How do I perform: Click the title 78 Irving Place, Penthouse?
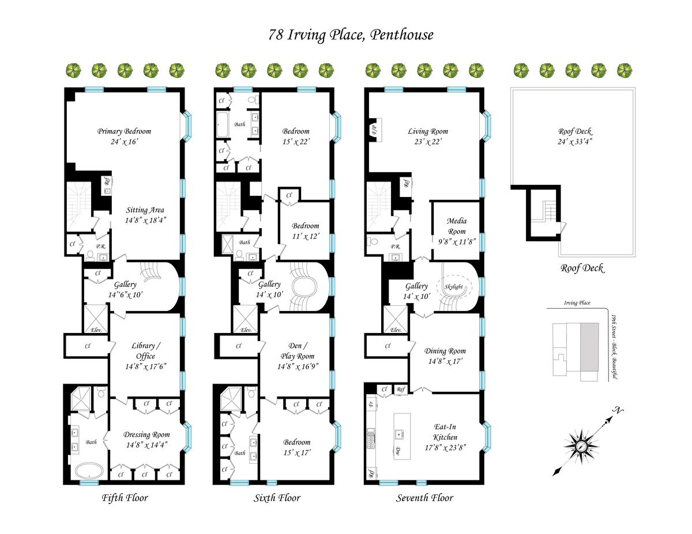tap(351, 35)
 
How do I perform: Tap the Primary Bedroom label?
tap(124, 131)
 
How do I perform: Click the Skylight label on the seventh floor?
tap(453, 286)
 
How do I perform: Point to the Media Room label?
tap(457, 226)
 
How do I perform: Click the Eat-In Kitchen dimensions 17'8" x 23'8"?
tap(446, 448)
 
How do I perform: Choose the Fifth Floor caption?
tap(125, 498)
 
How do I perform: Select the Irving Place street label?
tap(577, 303)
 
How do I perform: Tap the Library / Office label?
tap(146, 351)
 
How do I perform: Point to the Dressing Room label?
tap(146, 434)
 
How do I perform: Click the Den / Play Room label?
tap(298, 351)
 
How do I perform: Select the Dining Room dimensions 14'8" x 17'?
tap(445, 361)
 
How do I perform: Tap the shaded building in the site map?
tap(589, 347)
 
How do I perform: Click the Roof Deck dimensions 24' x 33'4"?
tap(575, 142)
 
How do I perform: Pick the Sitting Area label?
tap(145, 210)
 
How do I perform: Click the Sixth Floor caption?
tap(277, 498)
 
